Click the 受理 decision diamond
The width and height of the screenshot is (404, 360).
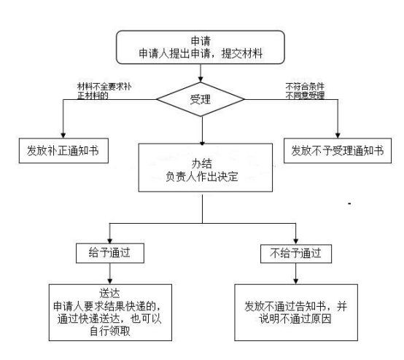pyautogui.click(x=201, y=99)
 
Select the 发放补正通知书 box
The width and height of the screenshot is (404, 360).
pyautogui.click(x=63, y=151)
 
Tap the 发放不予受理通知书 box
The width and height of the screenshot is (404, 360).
pyautogui.click(x=338, y=151)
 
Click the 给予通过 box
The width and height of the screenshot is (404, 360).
pyautogui.click(x=110, y=253)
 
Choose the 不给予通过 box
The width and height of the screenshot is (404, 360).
pyautogui.click(x=296, y=254)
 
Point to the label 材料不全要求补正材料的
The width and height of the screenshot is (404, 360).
pyautogui.click(x=104, y=91)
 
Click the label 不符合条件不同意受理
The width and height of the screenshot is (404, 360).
pyautogui.click(x=305, y=91)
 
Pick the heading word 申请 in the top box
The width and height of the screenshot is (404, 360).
pyautogui.click(x=201, y=42)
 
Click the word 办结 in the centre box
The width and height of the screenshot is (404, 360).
pyautogui.click(x=202, y=164)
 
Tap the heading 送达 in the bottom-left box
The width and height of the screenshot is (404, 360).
pyautogui.click(x=110, y=293)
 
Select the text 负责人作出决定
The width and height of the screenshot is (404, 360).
pyautogui.click(x=202, y=176)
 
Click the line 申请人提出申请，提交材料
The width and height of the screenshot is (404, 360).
pyautogui.click(x=201, y=54)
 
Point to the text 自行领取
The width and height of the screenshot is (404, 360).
pyautogui.click(x=110, y=331)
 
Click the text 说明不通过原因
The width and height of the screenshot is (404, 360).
pyautogui.click(x=295, y=318)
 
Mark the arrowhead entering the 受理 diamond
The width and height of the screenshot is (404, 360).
pyautogui.click(x=201, y=79)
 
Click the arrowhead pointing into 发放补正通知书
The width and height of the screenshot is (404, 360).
pyautogui.click(x=63, y=136)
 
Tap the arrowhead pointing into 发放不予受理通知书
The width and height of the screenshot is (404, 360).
pyautogui.click(x=338, y=136)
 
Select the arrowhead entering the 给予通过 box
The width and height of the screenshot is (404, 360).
pyautogui.click(x=110, y=240)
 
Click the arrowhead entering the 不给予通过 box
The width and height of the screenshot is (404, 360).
pyautogui.click(x=296, y=241)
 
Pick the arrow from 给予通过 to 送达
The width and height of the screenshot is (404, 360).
pyautogui.click(x=110, y=274)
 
